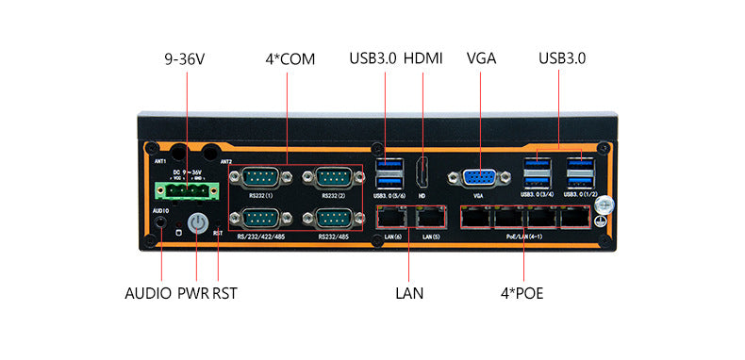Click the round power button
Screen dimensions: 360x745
[197, 222]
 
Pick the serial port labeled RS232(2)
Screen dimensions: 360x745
[334, 177]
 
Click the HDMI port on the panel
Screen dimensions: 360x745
[422, 175]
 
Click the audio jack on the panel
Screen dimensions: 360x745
[161, 224]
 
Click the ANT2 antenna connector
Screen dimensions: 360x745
[211, 152]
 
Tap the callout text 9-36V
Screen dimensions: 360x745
[184, 58]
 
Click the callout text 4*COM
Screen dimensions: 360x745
[290, 58]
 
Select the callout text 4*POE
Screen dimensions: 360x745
[521, 293]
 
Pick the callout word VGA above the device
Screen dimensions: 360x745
[481, 58]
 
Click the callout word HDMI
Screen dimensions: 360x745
[423, 58]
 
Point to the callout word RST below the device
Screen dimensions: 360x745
[224, 293]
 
